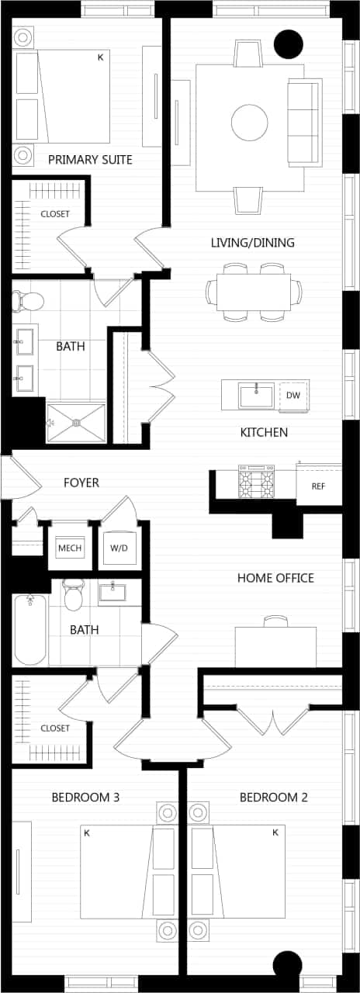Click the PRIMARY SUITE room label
[x=90, y=160]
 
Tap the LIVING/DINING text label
[x=252, y=243]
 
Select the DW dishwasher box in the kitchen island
[x=292, y=396]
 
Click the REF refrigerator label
[x=318, y=486]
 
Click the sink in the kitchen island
[x=256, y=396]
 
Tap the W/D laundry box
[x=119, y=548]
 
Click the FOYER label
[x=81, y=483]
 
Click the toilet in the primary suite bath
[x=29, y=300]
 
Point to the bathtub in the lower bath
[x=30, y=628]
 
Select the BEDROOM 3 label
[x=85, y=798]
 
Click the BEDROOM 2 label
[x=274, y=798]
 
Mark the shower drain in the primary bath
[x=76, y=423]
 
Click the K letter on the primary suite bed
[x=100, y=57]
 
